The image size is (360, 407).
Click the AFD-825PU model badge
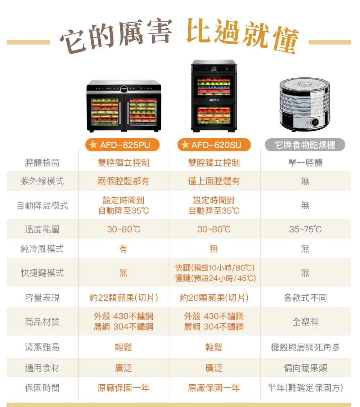pos(122,144)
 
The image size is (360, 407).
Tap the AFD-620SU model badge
pos(214,144)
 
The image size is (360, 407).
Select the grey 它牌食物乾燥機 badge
pos(305,144)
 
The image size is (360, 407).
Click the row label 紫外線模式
pos(42,181)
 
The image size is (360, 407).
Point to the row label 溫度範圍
pos(42,229)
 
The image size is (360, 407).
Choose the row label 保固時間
pos(42,388)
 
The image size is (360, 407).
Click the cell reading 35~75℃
pos(305,229)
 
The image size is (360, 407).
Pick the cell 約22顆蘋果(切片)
pos(124,298)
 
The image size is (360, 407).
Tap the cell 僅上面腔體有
pos(214,181)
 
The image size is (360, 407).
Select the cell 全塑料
pos(305,322)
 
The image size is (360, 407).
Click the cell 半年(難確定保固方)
pos(305,388)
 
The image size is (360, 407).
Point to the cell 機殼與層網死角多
pos(305,347)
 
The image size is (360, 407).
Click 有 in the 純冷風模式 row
pos(123,249)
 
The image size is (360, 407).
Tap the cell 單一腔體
pos(305,163)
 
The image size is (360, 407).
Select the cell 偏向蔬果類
pos(305,368)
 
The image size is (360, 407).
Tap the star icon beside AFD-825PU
pos(93,144)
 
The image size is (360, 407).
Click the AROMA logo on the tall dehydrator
pos(214,100)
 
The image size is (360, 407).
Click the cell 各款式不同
pos(305,298)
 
